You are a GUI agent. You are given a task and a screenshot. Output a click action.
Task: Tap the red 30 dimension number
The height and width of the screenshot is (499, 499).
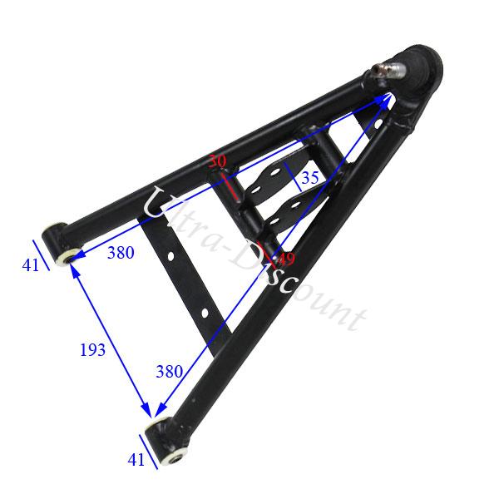pos(217,161)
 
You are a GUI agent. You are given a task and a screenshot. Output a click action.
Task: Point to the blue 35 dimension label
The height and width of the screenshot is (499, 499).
pos(310,177)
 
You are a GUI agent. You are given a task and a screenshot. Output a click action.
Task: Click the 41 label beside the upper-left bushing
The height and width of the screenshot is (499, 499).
pos(31,265)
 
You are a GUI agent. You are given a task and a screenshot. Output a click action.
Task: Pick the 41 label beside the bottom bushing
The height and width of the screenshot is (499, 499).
pos(136,457)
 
